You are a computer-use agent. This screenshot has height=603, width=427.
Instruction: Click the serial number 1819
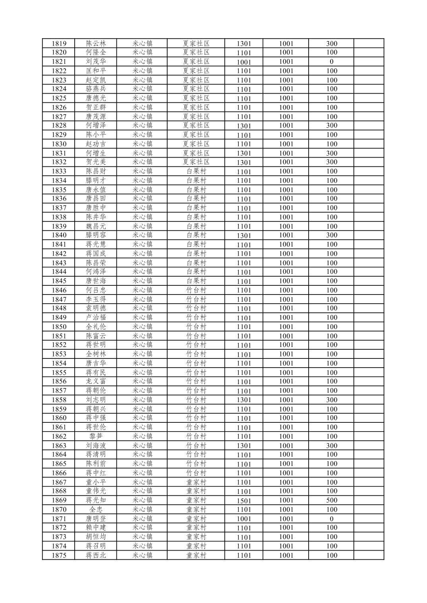coord(59,44)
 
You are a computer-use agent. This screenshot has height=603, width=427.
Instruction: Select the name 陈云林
coord(96,44)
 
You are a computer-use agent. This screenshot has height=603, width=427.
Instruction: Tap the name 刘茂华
coord(96,62)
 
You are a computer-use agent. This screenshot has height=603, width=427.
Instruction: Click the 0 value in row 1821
coord(332,62)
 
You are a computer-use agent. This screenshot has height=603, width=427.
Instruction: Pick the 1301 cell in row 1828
coord(244,126)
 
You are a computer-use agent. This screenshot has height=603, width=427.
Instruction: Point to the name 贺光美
coord(96,162)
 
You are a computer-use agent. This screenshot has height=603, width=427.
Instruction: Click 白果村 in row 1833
coord(196,171)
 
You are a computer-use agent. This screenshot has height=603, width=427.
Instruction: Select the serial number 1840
coord(59,235)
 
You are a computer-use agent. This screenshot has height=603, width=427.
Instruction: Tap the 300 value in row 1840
coord(332,235)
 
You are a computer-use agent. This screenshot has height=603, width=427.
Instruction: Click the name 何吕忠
coord(96,290)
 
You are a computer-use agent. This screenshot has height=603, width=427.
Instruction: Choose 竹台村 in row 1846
coord(196,290)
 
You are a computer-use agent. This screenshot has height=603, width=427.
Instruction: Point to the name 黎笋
coord(96,436)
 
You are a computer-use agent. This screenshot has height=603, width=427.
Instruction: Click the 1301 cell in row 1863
coord(244,446)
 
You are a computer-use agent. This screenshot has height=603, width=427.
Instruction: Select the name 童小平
coord(96,482)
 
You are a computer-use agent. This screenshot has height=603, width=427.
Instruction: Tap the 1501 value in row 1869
coord(244,501)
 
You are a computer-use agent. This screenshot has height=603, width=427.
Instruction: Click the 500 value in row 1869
coord(332,500)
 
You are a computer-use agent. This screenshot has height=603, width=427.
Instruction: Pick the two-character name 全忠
coord(96,509)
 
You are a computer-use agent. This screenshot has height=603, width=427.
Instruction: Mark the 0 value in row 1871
coord(332,518)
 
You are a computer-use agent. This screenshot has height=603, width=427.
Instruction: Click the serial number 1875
coord(59,555)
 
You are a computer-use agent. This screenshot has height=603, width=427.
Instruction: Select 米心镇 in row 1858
coord(142,400)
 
